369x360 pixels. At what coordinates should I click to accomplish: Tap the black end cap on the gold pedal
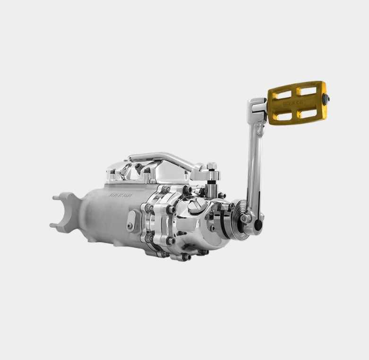tap(326, 98)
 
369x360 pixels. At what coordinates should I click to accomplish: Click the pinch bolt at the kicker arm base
tap(246, 218)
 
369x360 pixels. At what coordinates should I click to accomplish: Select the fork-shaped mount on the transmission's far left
tap(65, 212)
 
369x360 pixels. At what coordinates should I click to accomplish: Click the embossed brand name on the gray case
tap(121, 194)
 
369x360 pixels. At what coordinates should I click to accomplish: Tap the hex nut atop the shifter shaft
tap(211, 166)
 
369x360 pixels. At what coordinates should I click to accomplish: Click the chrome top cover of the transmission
tap(142, 173)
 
